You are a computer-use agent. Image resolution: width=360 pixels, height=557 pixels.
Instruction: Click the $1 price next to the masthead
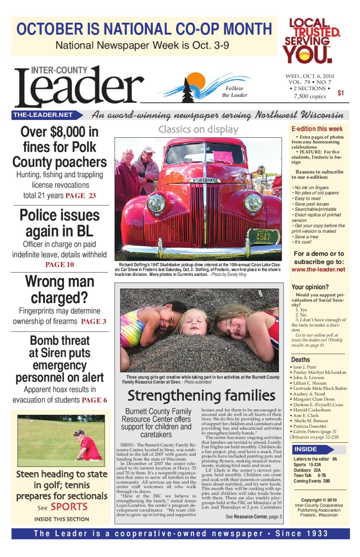click(x=341, y=93)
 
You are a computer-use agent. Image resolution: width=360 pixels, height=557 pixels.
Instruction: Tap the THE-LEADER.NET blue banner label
click(x=43, y=115)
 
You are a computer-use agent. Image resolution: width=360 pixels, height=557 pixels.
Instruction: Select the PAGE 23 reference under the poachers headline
click(x=81, y=196)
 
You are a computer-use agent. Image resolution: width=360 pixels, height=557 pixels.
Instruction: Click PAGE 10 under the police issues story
click(x=59, y=265)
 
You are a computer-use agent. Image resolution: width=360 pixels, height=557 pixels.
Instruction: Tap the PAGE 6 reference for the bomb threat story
click(x=94, y=400)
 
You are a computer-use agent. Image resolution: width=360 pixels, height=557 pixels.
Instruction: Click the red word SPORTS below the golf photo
click(x=69, y=506)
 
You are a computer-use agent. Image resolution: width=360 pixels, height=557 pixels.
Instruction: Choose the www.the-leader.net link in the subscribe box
click(x=318, y=270)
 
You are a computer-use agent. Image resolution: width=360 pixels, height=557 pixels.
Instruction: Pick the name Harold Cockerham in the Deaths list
click(x=312, y=410)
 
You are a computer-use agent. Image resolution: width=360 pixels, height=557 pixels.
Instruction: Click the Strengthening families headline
click(x=201, y=395)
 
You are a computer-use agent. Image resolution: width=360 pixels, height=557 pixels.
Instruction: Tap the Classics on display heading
click(x=198, y=130)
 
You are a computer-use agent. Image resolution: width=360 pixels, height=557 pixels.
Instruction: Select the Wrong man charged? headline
click(x=59, y=290)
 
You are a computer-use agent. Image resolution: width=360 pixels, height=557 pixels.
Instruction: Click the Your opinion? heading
click(x=305, y=287)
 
